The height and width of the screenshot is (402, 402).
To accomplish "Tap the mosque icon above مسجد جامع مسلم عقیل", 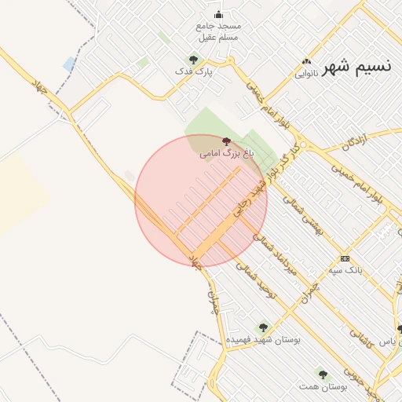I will tap(218, 15).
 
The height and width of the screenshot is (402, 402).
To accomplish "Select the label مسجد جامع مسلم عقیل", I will tap(219, 32).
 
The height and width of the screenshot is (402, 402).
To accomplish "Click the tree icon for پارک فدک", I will tap(193, 59).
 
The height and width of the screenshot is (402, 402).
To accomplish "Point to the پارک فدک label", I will tap(194, 71).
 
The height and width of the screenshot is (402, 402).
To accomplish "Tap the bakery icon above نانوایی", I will tap(306, 61).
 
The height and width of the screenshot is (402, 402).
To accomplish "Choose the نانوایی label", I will tap(306, 75).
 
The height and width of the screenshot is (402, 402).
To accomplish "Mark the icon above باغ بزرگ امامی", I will tap(227, 141).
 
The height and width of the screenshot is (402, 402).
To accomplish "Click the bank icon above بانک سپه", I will tap(345, 258).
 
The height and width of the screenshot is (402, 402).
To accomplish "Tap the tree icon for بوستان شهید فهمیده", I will tap(263, 327).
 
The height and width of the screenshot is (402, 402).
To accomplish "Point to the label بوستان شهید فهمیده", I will tap(263, 340).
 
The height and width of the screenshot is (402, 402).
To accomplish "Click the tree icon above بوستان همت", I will tap(323, 375).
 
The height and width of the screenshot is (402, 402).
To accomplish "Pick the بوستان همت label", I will tap(323, 387).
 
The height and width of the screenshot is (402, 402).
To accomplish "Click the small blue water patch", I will tap(69, 64).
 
